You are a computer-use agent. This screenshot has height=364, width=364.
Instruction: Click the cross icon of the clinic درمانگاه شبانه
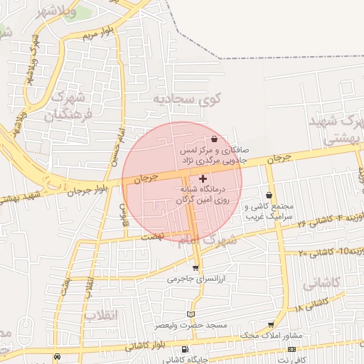[x=204, y=177]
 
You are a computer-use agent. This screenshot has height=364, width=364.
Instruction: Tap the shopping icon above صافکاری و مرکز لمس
[x=215, y=139]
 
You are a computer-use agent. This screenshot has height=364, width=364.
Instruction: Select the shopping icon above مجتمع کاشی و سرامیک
[x=269, y=195]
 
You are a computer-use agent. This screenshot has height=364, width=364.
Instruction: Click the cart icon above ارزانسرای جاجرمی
[x=196, y=267]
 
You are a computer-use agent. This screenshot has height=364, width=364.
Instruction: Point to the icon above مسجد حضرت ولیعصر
[x=190, y=314]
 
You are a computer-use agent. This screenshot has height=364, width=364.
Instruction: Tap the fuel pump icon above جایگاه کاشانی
[x=185, y=349]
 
